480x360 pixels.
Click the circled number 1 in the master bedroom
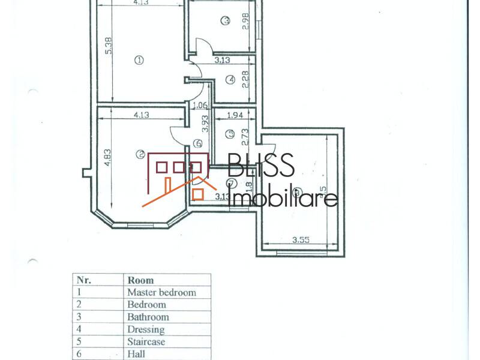coord(139,60)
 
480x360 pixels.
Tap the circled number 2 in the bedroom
coord(140,155)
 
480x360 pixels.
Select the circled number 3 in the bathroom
coord(226,21)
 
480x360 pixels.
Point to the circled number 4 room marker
coord(230,79)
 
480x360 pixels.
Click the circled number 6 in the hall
coord(199,144)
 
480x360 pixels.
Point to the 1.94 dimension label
coord(236,114)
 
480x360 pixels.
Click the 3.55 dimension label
coord(301,241)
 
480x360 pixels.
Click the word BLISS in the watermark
coord(261,166)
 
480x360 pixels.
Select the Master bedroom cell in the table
coord(161,292)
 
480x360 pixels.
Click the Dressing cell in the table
coord(146,329)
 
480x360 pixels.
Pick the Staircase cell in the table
coord(147,342)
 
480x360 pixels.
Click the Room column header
coord(140,280)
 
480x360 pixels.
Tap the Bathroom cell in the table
coord(148,317)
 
